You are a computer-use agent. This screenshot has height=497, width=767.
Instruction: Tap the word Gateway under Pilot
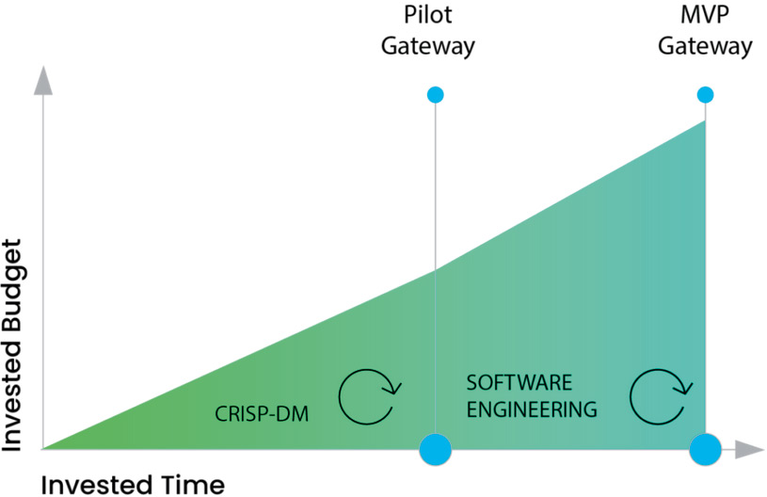click(428, 47)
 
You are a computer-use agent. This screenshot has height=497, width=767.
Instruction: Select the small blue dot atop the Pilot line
click(435, 94)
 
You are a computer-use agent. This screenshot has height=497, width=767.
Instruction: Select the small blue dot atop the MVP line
click(705, 94)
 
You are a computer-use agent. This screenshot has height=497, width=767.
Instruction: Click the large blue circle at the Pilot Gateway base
click(435, 449)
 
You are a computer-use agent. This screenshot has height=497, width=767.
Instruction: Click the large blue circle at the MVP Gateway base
click(705, 449)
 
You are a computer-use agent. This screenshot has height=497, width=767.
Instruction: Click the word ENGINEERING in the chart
click(532, 409)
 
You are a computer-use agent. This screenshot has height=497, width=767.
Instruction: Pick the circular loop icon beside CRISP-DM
click(370, 397)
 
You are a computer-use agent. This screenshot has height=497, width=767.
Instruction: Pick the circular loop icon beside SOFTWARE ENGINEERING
click(662, 397)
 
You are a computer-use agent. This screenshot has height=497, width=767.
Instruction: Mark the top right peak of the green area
click(703, 123)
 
